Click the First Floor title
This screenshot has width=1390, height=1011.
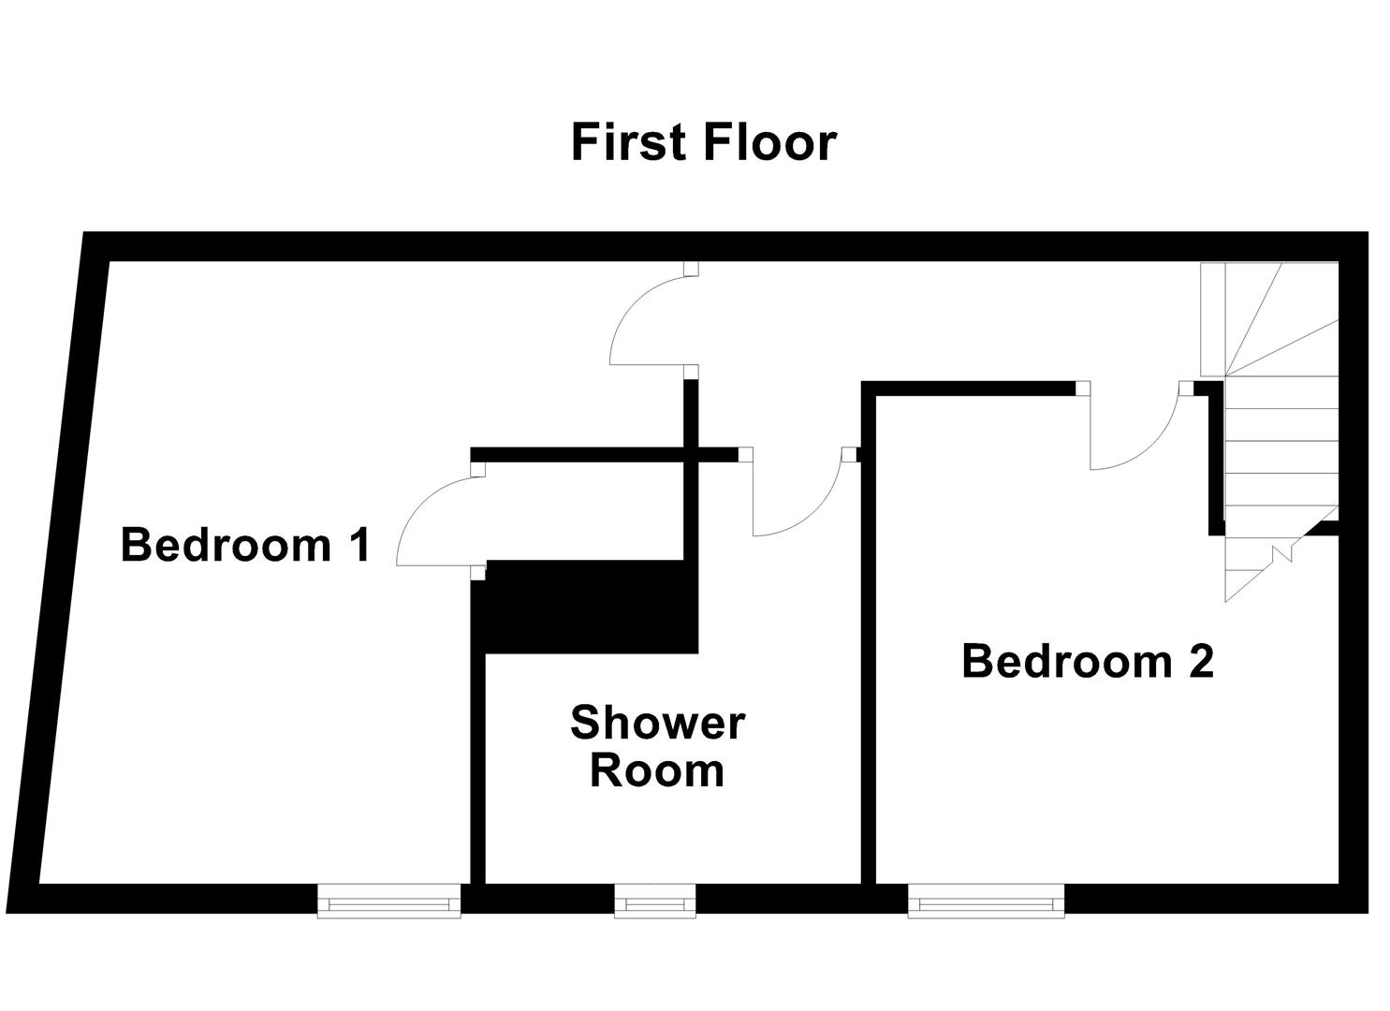[x=703, y=143]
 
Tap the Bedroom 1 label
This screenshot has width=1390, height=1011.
[x=246, y=545]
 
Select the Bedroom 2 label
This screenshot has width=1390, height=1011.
[x=1088, y=661]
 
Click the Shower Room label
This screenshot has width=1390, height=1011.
[x=657, y=747]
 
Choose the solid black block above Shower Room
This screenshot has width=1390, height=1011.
[x=585, y=607]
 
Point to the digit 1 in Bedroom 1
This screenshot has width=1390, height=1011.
[x=358, y=545]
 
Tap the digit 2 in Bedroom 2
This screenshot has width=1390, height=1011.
[x=1201, y=661]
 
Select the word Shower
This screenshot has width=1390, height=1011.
[x=657, y=723]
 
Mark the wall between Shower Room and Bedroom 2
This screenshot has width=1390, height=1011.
[x=867, y=655]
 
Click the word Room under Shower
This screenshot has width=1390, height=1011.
[x=657, y=771]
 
